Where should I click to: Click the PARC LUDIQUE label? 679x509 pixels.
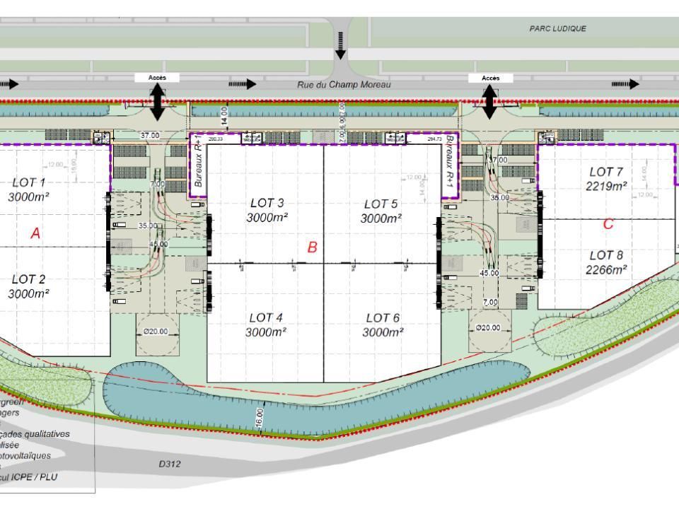click(558, 29)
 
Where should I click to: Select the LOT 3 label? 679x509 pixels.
click(266, 203)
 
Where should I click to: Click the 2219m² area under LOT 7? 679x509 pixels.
click(607, 187)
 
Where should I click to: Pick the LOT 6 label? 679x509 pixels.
click(383, 317)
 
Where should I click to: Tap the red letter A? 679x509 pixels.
click(35, 233)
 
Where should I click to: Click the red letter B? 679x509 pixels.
click(312, 247)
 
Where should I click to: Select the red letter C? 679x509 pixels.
click(608, 224)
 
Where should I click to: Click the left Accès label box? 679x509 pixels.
click(156, 78)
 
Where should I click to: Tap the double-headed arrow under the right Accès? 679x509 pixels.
click(489, 103)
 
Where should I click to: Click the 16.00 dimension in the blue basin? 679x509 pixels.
click(260, 416)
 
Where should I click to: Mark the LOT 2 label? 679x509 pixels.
click(28, 279)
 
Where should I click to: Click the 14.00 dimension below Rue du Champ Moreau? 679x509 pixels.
click(224, 116)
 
